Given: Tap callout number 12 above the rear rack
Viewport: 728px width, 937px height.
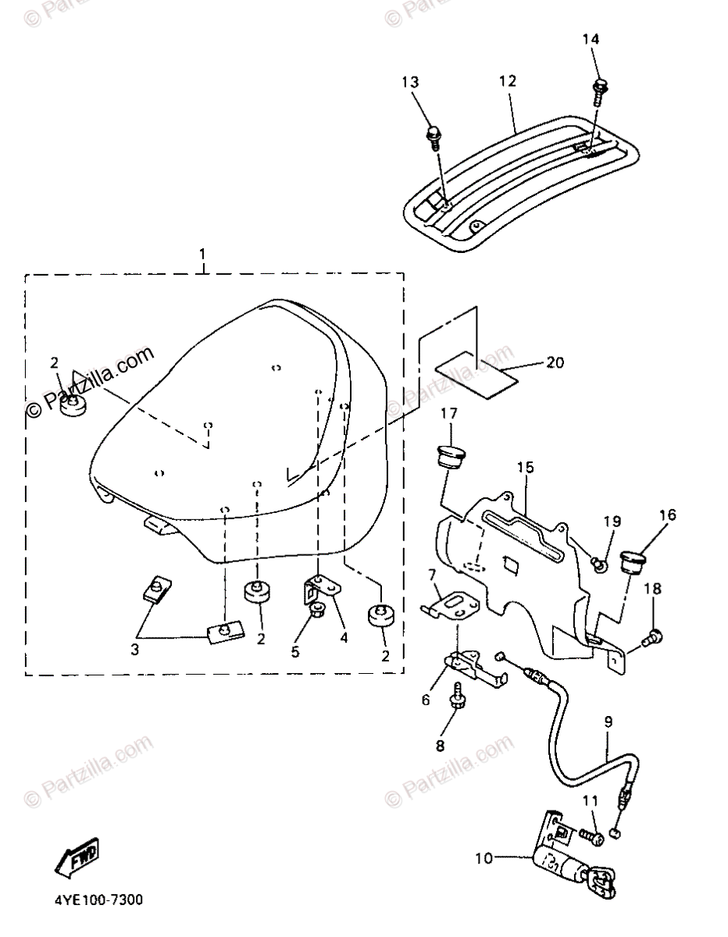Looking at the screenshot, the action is pyautogui.click(x=508, y=81).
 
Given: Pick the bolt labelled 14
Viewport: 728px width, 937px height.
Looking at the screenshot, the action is pyautogui.click(x=601, y=87).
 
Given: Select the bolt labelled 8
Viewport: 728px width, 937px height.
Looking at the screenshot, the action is pyautogui.click(x=457, y=693).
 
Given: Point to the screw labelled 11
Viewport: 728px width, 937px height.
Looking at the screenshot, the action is pyautogui.click(x=591, y=835).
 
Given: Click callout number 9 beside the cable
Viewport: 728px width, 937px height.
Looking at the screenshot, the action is pyautogui.click(x=608, y=722).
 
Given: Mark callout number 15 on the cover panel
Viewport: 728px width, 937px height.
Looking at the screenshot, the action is pyautogui.click(x=525, y=468).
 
